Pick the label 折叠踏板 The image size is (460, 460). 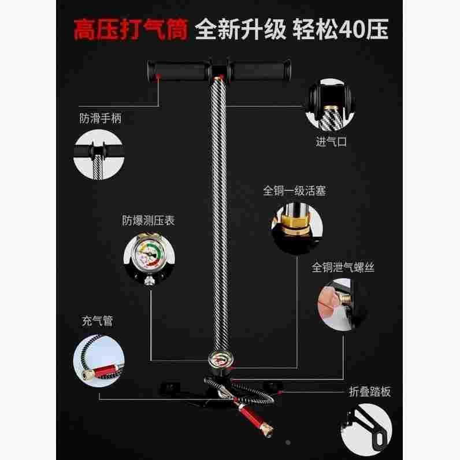click(370, 392)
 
